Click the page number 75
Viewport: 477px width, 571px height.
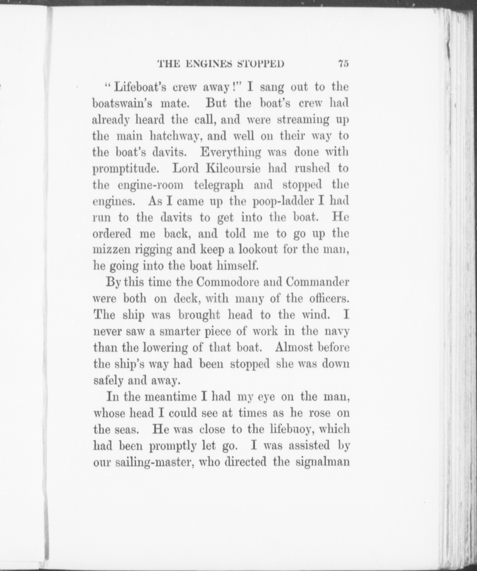[x=343, y=63]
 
